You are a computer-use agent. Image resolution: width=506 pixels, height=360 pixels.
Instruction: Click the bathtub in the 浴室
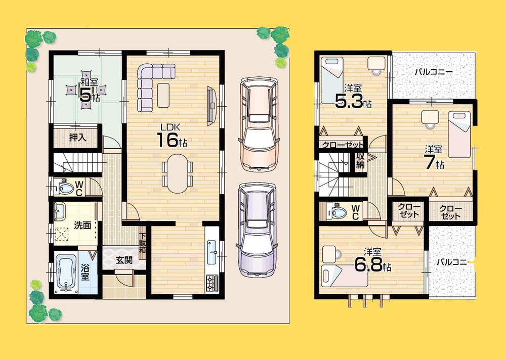66,273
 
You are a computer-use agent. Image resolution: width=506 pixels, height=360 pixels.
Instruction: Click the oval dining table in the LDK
177,173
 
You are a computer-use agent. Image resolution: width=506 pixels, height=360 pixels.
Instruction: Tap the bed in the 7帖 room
459,134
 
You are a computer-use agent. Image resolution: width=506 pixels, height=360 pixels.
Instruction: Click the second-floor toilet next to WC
334,211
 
